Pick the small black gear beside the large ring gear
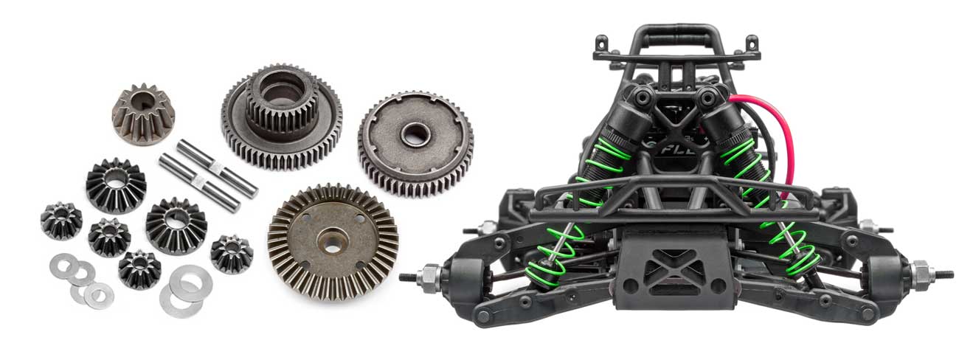tap(231, 254)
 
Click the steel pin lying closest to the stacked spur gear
tap(217, 167)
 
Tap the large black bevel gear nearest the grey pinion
tap(116, 184)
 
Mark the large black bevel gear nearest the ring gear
tap(175, 225)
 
